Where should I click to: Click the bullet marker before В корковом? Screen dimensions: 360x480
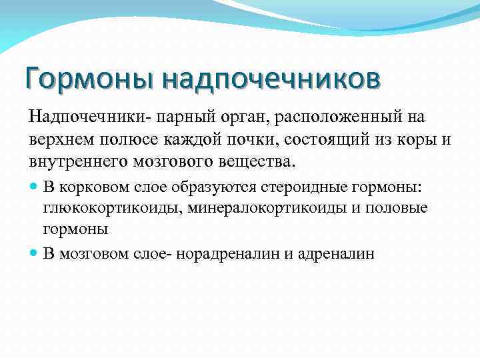(x=34, y=188)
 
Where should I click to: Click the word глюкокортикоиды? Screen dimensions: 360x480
(x=113, y=209)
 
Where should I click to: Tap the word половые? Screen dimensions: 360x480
(x=403, y=209)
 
